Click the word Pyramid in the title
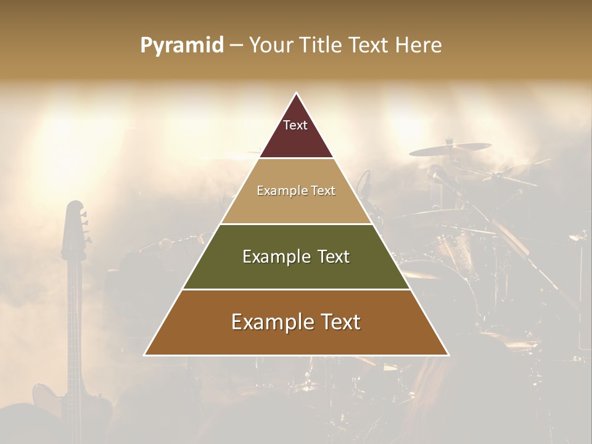pyautogui.click(x=182, y=46)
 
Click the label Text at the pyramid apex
pyautogui.click(x=295, y=125)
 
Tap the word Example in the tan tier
pyautogui.click(x=278, y=191)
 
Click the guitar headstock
pyautogui.click(x=74, y=228)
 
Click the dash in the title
pyautogui.click(x=236, y=46)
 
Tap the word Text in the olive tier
pyautogui.click(x=329, y=257)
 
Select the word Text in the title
pyautogui.click(x=369, y=46)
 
